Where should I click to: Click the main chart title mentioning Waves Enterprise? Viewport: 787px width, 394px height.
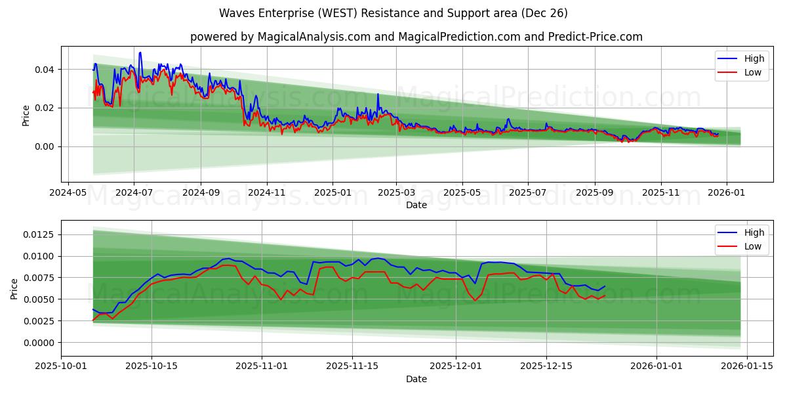[393, 13]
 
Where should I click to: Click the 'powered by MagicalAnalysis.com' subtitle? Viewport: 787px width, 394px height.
[416, 37]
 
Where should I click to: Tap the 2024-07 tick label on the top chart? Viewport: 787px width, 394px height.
[134, 193]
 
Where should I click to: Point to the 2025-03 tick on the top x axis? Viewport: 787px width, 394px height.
[396, 193]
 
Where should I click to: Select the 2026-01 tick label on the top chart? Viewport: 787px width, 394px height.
[727, 193]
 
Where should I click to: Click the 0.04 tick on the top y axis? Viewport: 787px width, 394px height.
[45, 70]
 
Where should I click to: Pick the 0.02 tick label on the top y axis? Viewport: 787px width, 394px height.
[45, 108]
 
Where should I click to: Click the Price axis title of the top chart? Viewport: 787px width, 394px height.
[26, 116]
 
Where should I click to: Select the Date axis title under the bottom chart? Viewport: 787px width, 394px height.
[416, 379]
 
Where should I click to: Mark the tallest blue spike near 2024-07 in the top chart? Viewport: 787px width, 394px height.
[140, 53]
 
